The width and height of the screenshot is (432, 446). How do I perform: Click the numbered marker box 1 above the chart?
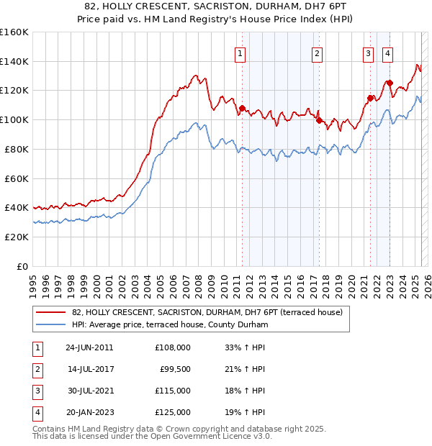coord(240,52)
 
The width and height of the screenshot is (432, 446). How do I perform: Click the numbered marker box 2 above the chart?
coord(317,52)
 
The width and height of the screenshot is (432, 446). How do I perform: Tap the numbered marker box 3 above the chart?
coord(369,52)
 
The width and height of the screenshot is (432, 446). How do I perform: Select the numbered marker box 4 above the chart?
coord(387,52)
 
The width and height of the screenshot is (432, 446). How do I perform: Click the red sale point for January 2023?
coord(389,83)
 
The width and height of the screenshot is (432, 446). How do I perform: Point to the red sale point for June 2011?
coord(242,108)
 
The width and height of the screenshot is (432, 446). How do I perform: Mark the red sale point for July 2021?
coord(370,98)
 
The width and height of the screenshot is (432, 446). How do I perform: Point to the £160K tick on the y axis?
coord(14,32)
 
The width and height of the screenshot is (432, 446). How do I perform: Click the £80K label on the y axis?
coord(17,149)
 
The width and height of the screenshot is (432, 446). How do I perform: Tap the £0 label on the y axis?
coord(22,266)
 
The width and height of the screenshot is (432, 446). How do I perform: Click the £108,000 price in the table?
coord(173,347)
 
